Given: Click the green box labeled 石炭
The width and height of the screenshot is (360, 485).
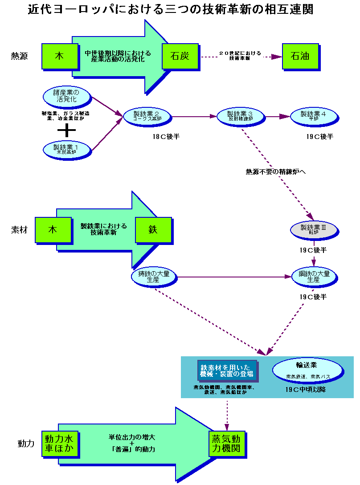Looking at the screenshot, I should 180,56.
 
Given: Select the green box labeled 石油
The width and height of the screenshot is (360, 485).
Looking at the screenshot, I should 300,56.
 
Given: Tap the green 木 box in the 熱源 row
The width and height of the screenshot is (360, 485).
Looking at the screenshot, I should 59,56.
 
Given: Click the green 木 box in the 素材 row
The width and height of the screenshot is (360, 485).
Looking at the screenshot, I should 53,230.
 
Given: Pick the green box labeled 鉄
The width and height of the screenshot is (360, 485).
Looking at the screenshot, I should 153,230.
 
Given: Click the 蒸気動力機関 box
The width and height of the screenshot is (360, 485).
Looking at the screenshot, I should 227,443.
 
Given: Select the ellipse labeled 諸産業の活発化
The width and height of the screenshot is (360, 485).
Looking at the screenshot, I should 67,96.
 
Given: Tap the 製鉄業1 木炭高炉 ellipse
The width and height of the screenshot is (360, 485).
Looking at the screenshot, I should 67,149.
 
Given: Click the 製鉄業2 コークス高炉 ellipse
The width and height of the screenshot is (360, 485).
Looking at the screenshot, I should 147,116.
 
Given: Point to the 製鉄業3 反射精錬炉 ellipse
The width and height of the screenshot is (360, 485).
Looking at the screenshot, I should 240,116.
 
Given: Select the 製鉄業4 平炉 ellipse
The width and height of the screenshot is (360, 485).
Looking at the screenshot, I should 315,116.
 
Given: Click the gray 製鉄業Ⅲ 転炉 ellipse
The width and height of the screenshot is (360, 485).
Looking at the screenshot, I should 314,229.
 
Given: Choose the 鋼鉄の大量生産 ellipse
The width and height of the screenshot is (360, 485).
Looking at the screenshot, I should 314,277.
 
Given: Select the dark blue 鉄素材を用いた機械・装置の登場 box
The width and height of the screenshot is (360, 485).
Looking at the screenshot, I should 227,371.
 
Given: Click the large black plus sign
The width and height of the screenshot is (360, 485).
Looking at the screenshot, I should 67,130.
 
